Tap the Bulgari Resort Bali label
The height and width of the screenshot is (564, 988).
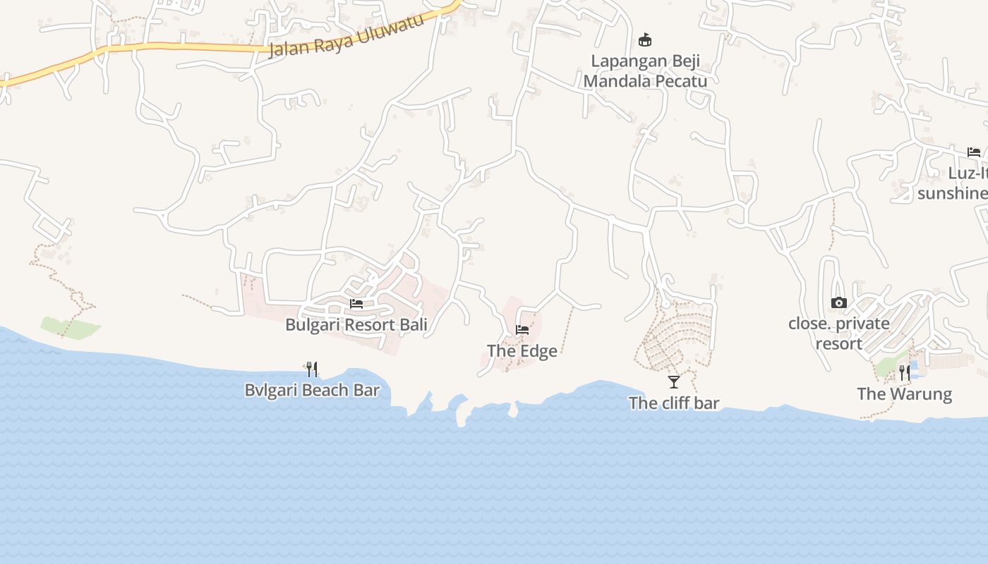tap(356, 325)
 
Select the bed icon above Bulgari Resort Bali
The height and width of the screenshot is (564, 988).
tap(356, 304)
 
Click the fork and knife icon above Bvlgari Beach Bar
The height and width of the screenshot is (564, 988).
tap(312, 369)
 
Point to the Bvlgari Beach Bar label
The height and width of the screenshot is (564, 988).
tap(312, 390)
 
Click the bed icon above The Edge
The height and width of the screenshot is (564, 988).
tap(522, 330)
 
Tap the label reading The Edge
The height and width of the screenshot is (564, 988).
tap(522, 351)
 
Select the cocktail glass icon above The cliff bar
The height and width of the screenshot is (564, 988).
tap(674, 382)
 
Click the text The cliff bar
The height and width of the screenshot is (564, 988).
tap(674, 403)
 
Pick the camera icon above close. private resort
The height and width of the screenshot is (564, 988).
tap(838, 303)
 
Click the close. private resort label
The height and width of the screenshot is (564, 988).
tap(839, 333)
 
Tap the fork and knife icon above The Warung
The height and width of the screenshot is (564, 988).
tap(904, 372)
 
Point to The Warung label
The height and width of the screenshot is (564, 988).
tap(904, 394)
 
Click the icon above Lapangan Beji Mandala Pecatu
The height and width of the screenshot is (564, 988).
tap(644, 39)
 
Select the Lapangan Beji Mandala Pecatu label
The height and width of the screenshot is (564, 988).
tap(645, 71)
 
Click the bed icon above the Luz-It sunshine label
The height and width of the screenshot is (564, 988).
tap(974, 152)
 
